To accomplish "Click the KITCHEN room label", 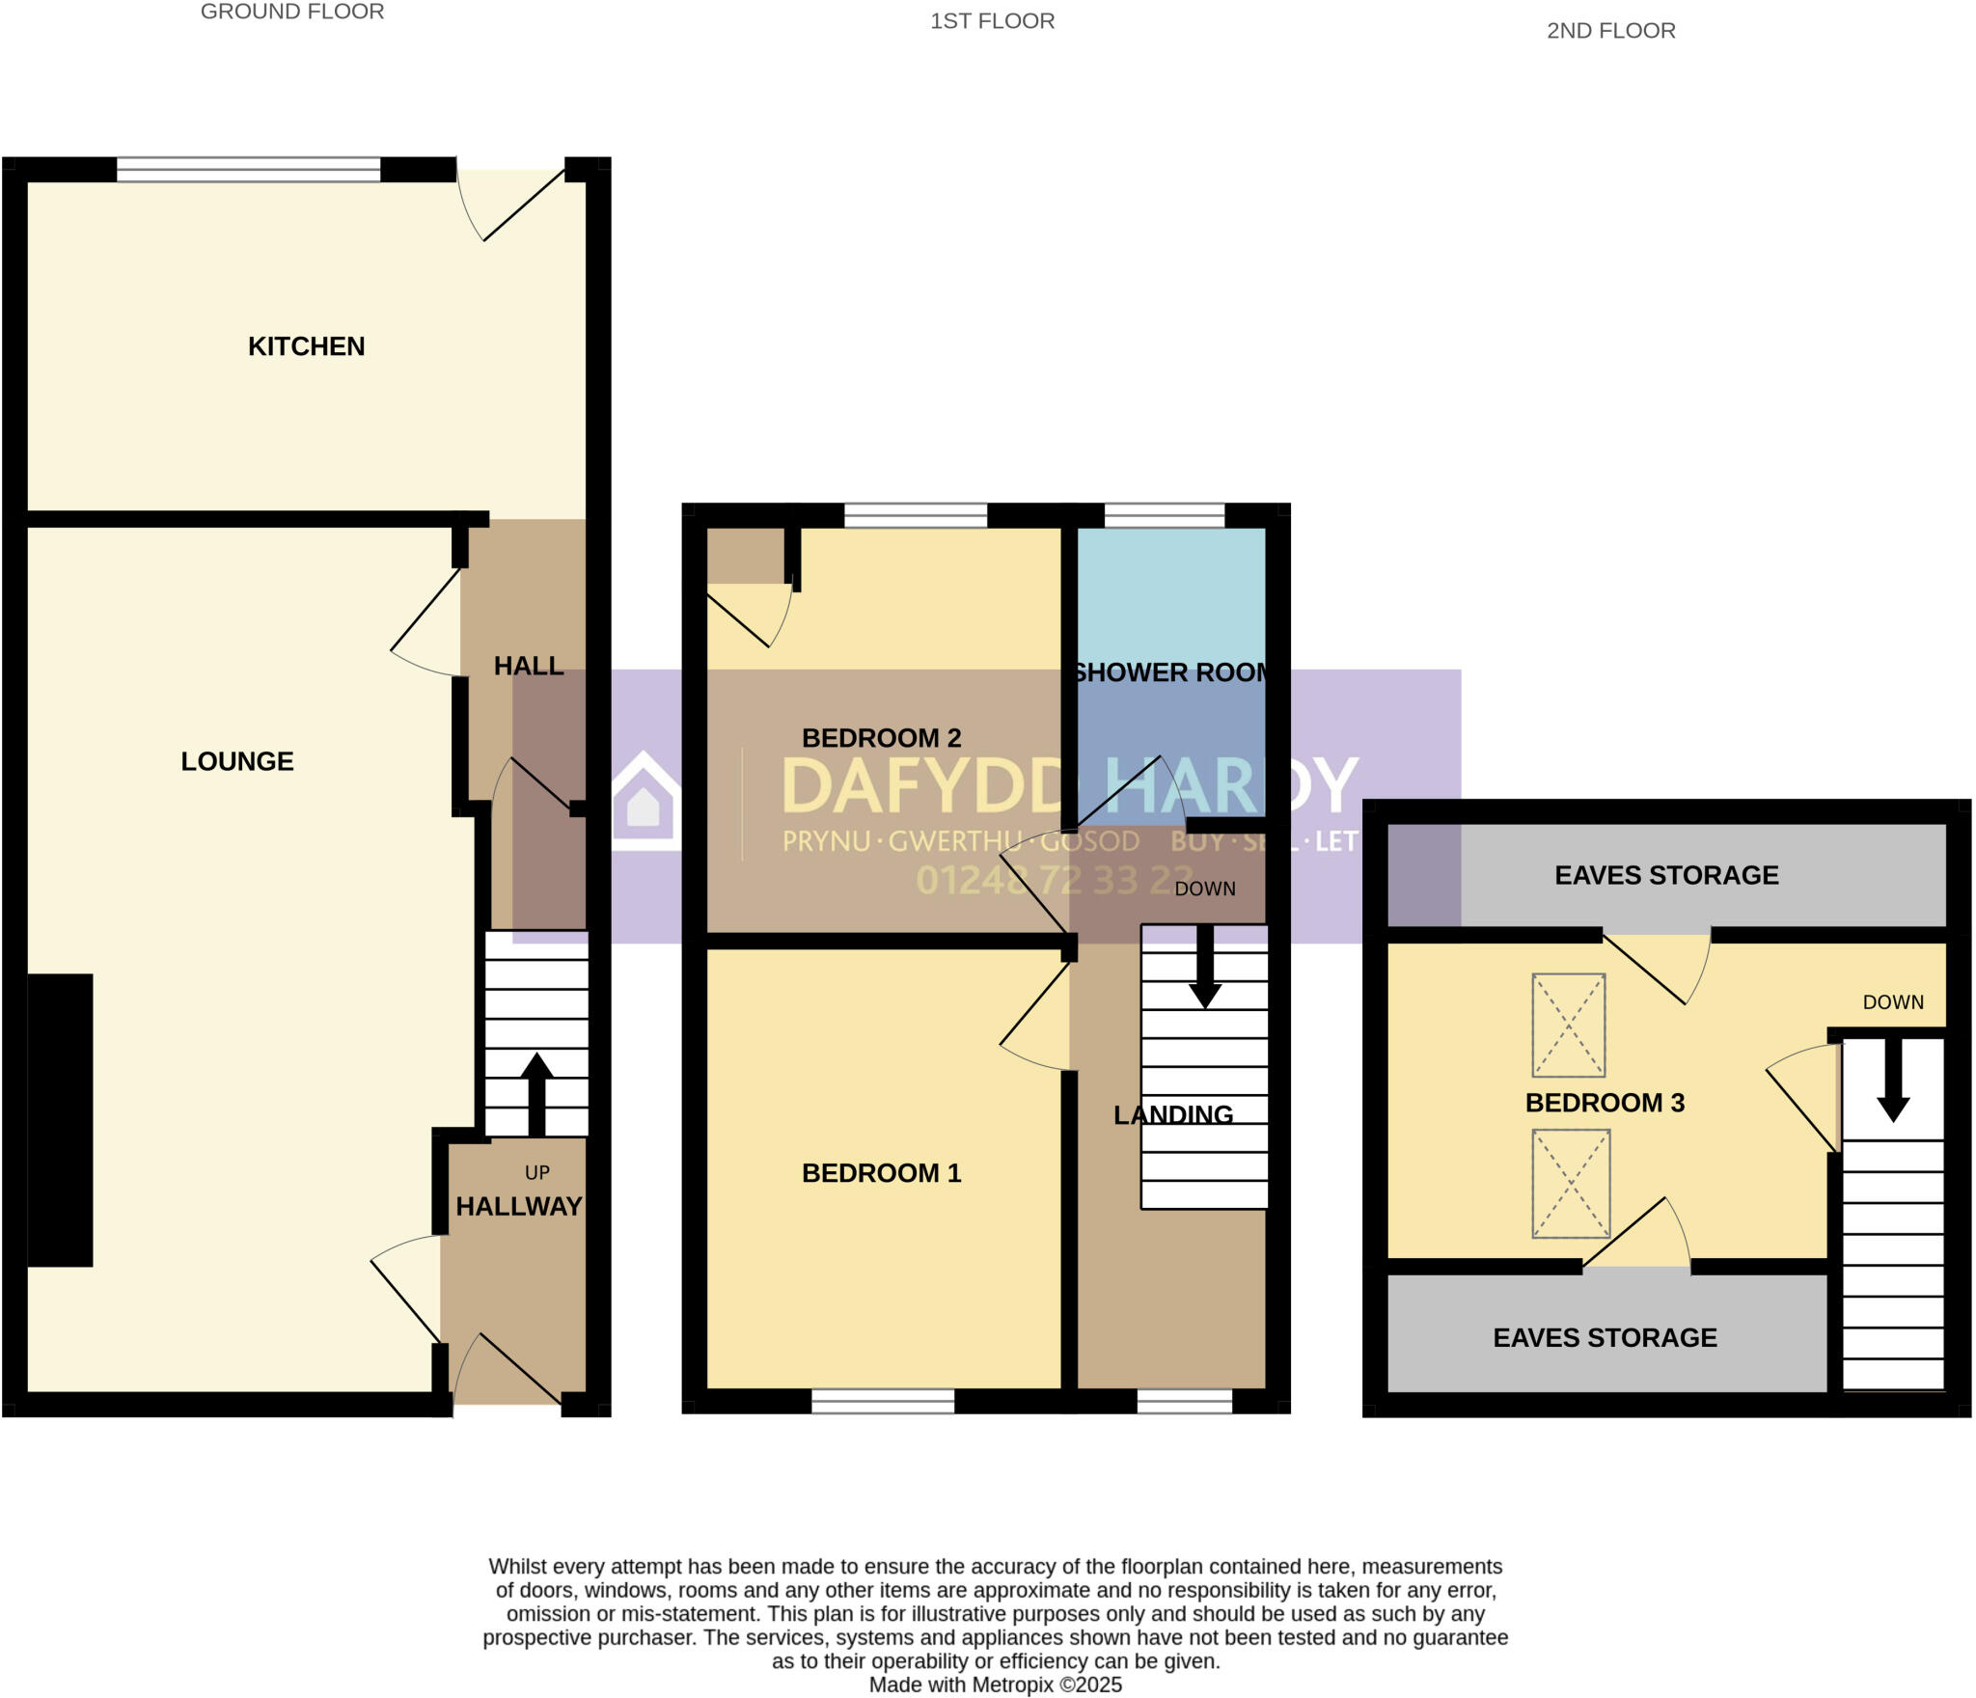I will click(x=306, y=346).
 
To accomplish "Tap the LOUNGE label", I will click(x=237, y=761).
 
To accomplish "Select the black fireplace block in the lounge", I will click(x=60, y=1119).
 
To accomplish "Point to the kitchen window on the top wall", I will click(x=249, y=170).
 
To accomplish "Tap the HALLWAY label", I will click(x=518, y=1206).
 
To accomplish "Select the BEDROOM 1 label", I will click(x=881, y=1173).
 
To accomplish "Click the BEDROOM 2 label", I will click(x=881, y=738).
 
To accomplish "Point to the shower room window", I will click(x=1164, y=516).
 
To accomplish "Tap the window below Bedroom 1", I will click(x=883, y=1401).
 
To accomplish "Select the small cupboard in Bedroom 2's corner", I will click(x=745, y=555).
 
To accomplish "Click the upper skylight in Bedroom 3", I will click(x=1569, y=1025).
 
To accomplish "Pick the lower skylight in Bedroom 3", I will click(x=1571, y=1183).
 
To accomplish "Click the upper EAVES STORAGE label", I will click(x=1666, y=875).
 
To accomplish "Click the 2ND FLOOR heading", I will click(x=1610, y=31).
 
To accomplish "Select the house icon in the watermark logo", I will click(x=645, y=803).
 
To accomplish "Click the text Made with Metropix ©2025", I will click(x=995, y=1684).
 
